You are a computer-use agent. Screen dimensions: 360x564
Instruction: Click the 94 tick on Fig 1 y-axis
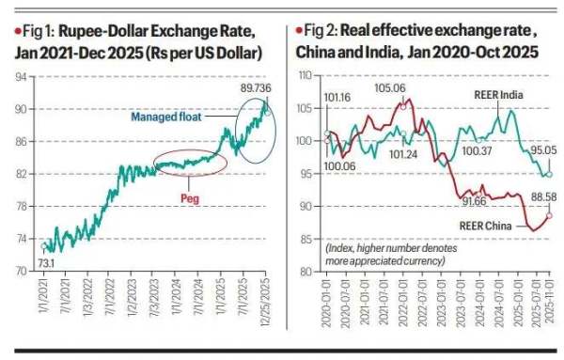click(x=20, y=78)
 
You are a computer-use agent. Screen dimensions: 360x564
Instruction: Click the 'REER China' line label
click(x=483, y=225)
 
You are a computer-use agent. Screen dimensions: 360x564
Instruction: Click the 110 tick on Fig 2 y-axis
click(x=304, y=73)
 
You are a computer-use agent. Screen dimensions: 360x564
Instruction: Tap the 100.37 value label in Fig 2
click(x=477, y=149)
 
